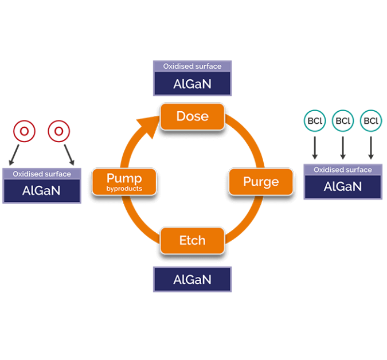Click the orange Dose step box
tap(192, 116)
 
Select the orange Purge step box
tap(261, 182)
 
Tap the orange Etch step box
tap(192, 240)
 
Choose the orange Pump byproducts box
tap(124, 182)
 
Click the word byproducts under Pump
tap(124, 189)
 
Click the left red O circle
tap(24, 131)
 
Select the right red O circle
tap(58, 131)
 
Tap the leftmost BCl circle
tap(314, 121)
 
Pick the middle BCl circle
tap(343, 121)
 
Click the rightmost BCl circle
tap(371, 121)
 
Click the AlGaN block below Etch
tap(192, 280)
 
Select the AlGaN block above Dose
tap(192, 84)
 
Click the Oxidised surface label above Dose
tap(192, 66)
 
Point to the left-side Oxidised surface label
tap(41, 174)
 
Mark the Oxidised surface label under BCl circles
tap(343, 170)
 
